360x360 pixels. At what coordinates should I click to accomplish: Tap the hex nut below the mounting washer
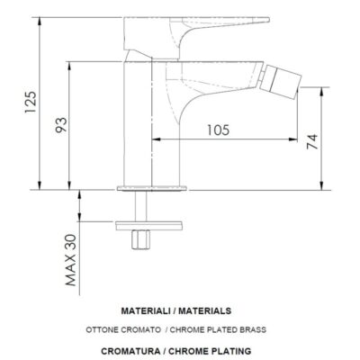point(140,240)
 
